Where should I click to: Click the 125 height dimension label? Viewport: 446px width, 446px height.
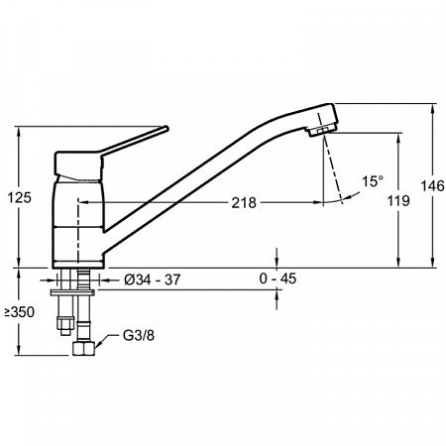tap(20, 197)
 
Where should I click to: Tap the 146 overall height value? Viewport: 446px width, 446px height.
tap(432, 186)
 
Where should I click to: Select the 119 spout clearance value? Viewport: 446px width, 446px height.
tap(398, 200)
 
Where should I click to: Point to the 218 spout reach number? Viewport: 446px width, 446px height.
tap(244, 202)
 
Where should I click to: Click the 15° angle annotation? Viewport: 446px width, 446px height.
tap(373, 181)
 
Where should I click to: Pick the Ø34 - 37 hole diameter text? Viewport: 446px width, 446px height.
tap(153, 279)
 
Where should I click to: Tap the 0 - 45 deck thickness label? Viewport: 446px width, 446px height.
tap(278, 279)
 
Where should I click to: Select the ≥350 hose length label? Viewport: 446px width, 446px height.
tap(19, 312)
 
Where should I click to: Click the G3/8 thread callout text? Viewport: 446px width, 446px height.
tap(139, 336)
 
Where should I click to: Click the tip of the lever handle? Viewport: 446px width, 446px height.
tap(167, 129)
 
